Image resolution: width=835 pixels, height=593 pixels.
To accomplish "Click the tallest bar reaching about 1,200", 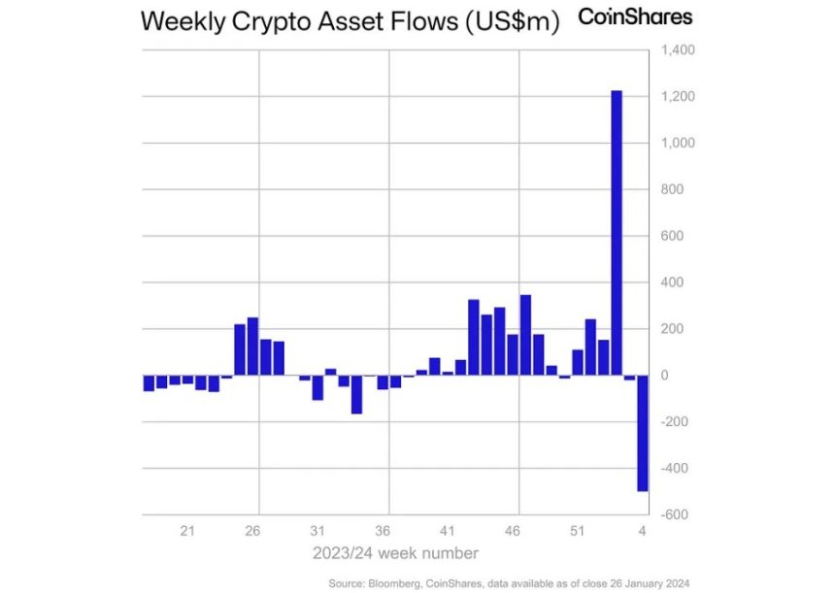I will click(x=616, y=233).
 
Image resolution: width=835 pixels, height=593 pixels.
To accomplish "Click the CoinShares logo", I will click(x=635, y=17).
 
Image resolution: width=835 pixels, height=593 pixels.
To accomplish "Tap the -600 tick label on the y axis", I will click(x=675, y=515).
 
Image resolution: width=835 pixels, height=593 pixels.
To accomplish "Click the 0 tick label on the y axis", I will click(x=665, y=376).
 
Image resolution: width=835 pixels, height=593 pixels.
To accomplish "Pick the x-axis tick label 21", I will click(x=187, y=531).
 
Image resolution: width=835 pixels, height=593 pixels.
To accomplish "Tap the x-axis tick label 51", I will click(x=576, y=531).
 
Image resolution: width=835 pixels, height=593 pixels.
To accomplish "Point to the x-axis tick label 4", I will click(x=642, y=531).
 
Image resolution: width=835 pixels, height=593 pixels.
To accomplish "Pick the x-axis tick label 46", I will click(x=512, y=531).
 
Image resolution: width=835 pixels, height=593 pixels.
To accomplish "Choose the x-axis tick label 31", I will click(x=317, y=531).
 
